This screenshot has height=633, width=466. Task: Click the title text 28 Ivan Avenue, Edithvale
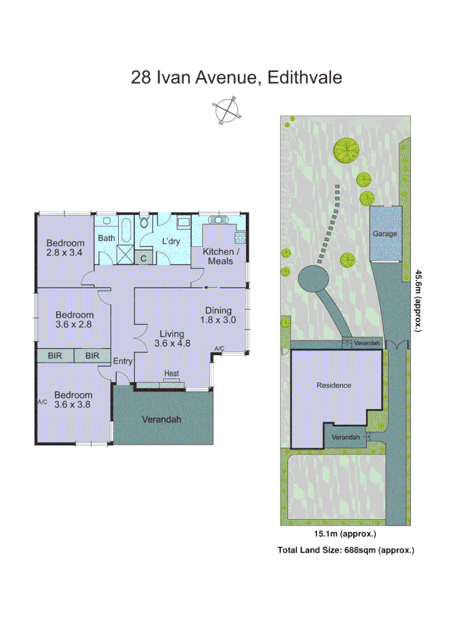point(236,77)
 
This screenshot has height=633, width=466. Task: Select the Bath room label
point(106,238)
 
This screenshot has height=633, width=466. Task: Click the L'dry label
point(170,241)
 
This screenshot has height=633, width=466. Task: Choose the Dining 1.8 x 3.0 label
point(218,315)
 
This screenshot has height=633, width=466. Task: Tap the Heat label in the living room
point(172,373)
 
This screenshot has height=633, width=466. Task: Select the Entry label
point(122,361)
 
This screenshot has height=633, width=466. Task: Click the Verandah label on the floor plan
point(162,420)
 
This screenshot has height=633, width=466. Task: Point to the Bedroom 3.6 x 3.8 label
point(73,400)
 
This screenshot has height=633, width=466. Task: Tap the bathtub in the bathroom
point(126,232)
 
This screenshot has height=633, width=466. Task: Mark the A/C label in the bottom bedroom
point(42,402)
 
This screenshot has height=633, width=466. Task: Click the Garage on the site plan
point(385,233)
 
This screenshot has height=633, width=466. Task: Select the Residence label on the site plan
point(334,386)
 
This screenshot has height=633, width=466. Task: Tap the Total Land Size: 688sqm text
point(345,550)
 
